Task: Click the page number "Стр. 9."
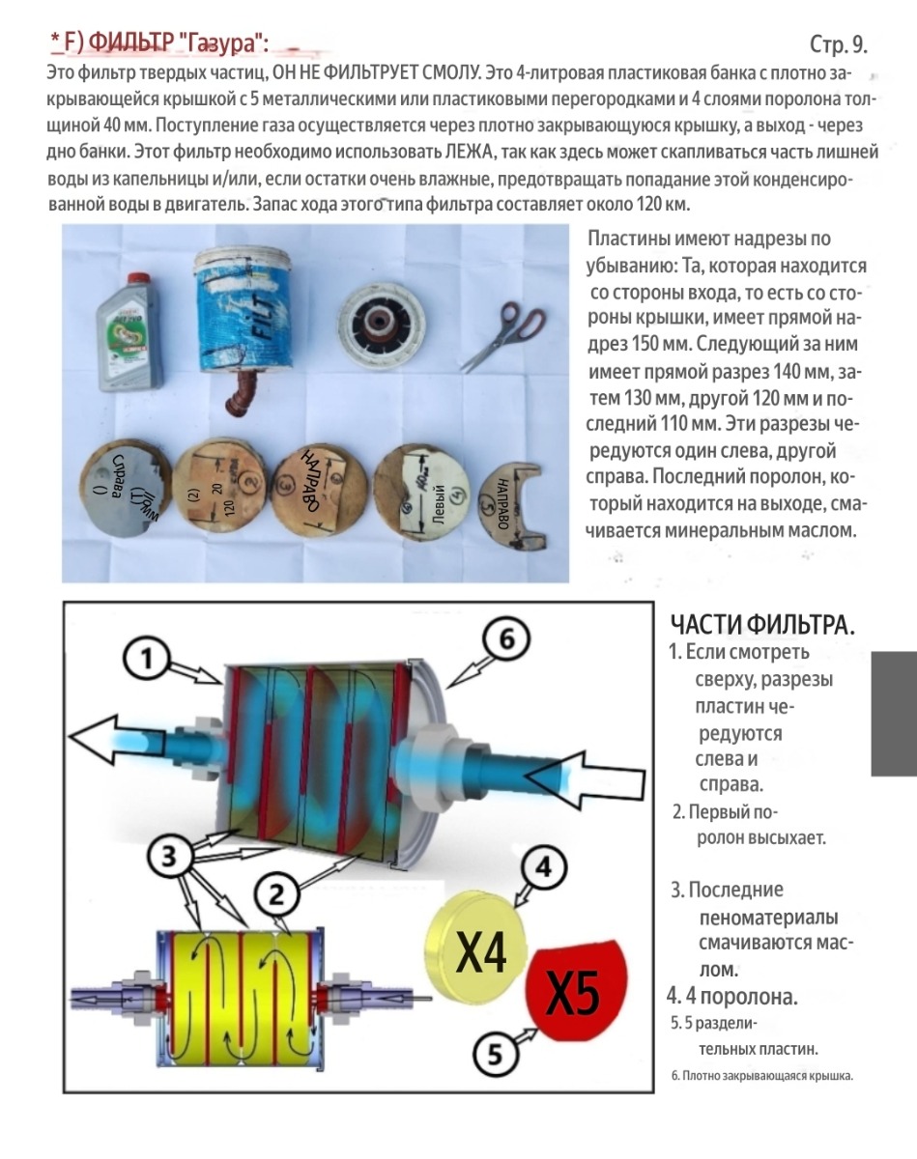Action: click(x=837, y=45)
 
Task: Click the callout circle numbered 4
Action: click(x=544, y=867)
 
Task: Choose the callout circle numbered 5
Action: click(x=496, y=1055)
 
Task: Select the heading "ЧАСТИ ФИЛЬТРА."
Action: click(x=762, y=623)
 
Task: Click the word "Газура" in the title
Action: click(x=223, y=42)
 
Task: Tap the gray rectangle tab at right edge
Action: click(x=893, y=713)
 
